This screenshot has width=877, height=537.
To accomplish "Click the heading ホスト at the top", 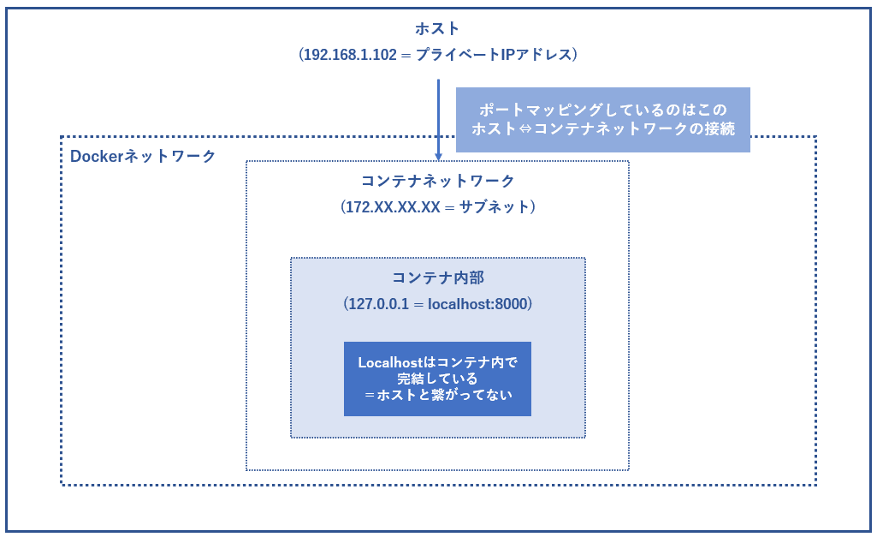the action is (437, 28).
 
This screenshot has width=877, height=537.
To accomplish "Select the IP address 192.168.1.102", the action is (350, 55).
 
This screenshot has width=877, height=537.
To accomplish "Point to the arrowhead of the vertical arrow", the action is (438, 157).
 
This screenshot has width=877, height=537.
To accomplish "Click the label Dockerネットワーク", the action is (143, 156).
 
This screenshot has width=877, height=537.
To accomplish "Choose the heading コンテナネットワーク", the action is (437, 181).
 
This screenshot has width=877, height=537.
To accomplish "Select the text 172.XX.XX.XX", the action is (393, 207).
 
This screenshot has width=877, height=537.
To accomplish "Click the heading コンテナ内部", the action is (437, 277).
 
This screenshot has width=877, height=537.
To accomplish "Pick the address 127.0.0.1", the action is (378, 304).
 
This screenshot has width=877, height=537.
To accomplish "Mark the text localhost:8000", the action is (477, 304).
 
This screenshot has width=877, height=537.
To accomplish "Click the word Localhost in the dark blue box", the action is (390, 363).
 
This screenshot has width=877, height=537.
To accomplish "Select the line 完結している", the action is (437, 379).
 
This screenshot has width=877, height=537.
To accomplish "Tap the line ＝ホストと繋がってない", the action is (437, 395).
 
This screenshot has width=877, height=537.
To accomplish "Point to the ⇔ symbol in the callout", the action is (525, 128).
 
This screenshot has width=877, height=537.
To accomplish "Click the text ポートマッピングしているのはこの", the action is (603, 110).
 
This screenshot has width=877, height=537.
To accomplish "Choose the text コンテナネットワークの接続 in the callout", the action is (634, 128).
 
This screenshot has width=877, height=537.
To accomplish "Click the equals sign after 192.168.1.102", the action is (406, 55).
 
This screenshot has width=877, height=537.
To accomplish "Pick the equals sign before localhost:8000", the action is (418, 305).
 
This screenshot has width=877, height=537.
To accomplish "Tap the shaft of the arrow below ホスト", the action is (438, 116).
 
